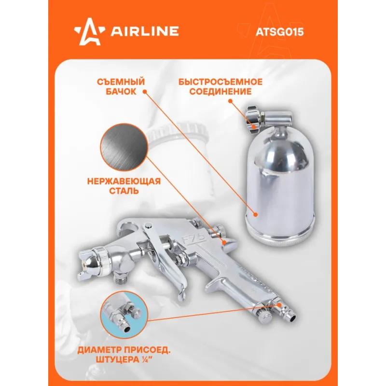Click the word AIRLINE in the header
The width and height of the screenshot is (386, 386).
(145, 31)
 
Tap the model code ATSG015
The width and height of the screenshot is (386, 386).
(280, 32)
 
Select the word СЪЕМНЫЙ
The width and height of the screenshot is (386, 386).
(121, 82)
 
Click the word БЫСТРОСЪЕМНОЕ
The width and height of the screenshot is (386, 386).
(221, 82)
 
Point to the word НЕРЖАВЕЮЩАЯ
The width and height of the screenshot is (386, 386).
(124, 181)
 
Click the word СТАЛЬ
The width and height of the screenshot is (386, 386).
(124, 191)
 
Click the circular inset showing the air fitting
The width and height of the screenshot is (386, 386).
(124, 315)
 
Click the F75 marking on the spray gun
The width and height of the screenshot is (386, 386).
(194, 238)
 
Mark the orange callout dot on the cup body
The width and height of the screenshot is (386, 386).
(256, 215)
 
